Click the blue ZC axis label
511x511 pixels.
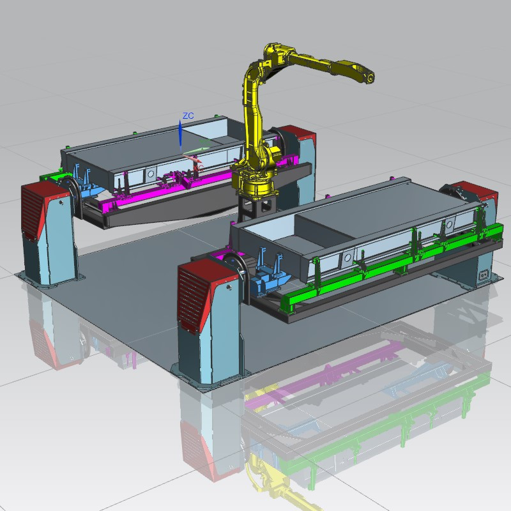coord(188,116)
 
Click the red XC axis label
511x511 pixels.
coord(199,167)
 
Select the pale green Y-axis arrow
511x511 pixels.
coord(196,150)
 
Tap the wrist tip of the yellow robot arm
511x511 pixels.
coord(370,78)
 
